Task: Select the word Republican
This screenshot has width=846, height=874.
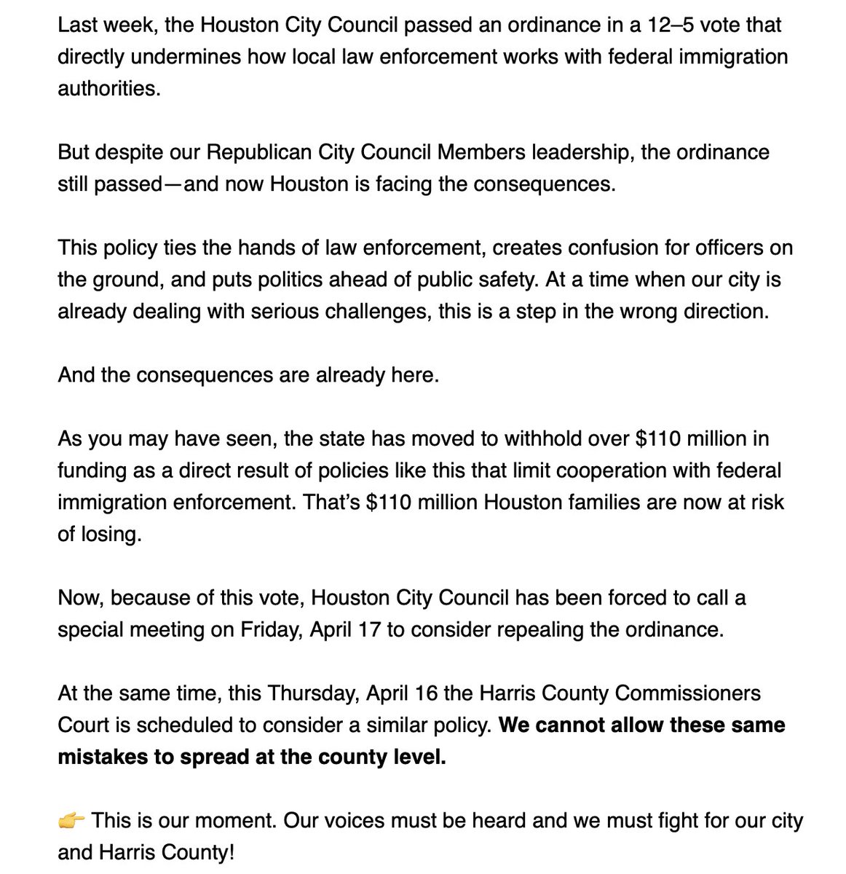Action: (259, 152)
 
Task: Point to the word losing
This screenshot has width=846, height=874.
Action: (108, 534)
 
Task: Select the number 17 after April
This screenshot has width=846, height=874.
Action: (367, 630)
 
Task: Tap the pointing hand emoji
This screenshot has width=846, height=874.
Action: (71, 821)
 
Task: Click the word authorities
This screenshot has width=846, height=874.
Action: (106, 88)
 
